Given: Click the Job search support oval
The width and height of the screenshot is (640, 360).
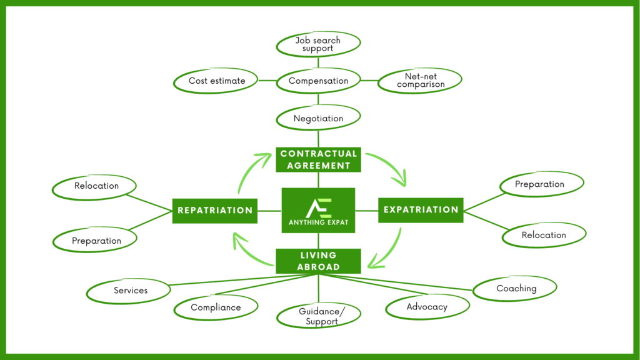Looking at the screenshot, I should click(x=319, y=44).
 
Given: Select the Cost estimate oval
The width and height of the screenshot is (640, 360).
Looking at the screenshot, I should click(x=217, y=81).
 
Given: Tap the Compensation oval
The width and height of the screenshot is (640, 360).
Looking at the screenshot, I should click(x=319, y=81).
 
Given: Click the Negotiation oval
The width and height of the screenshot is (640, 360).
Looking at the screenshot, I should click(x=319, y=118).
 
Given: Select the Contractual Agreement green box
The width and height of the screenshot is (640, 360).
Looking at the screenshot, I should click(x=319, y=159).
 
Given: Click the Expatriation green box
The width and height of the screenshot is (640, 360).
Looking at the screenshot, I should click(x=421, y=210).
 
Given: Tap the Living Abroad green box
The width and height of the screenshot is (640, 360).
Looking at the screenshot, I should click(x=319, y=261).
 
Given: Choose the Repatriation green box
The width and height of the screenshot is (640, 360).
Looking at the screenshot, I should click(x=215, y=211).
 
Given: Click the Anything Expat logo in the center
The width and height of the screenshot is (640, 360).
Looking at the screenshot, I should click(x=319, y=210).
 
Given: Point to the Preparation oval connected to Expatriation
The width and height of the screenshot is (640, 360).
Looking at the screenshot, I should click(x=540, y=184).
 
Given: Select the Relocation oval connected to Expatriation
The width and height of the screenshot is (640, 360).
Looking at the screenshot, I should click(x=544, y=235).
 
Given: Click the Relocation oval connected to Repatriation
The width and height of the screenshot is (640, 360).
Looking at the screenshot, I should click(x=96, y=186).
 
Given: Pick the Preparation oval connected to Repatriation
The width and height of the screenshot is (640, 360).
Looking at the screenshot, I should click(x=96, y=241).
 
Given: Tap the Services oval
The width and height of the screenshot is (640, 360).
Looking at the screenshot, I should click(x=130, y=291).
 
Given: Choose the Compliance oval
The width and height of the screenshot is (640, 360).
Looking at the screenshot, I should click(x=216, y=307).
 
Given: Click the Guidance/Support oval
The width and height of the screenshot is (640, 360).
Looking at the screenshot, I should click(x=319, y=316).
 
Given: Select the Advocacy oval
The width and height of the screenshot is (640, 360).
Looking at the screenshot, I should click(x=427, y=307).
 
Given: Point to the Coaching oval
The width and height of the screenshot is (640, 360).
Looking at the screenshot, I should click(x=516, y=289).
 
